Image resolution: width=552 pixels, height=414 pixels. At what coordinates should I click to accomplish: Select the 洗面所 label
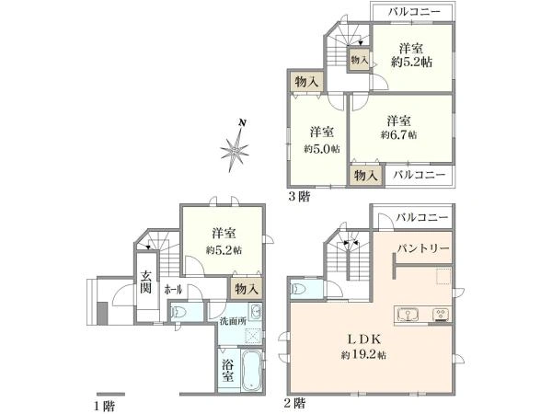231,321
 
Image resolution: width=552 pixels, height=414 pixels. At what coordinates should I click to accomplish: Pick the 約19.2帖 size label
362,355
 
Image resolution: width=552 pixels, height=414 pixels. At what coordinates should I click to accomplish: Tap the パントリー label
424,249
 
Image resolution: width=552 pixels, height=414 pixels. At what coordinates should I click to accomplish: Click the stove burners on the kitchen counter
440,315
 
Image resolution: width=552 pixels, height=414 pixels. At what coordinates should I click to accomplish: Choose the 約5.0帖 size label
322,147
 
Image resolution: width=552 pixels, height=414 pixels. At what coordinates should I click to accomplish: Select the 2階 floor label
295,403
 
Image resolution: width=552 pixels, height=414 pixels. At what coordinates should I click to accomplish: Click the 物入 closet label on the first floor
246,290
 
